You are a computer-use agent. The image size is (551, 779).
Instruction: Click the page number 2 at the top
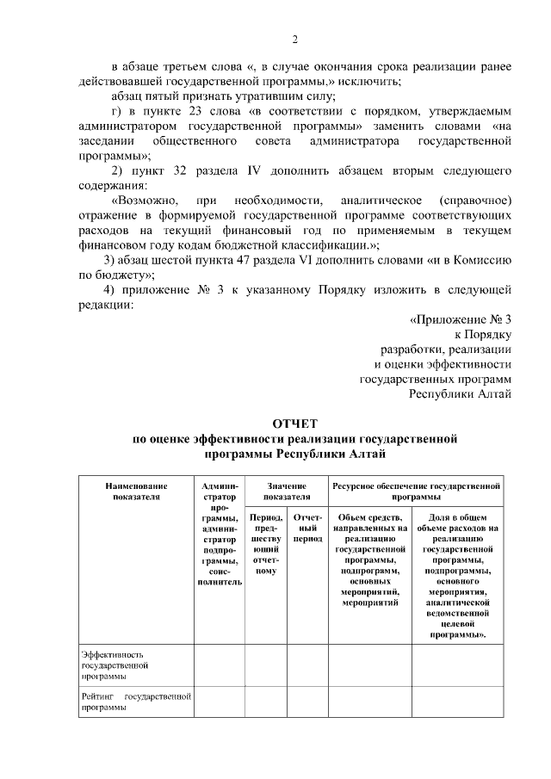click(x=294, y=40)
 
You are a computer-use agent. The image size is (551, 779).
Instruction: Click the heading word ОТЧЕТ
click(x=294, y=424)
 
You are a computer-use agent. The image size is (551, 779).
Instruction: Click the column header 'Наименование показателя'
click(x=131, y=492)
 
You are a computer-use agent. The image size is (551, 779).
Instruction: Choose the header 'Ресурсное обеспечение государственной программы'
click(x=415, y=492)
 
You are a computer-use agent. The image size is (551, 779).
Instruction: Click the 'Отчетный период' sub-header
click(x=306, y=528)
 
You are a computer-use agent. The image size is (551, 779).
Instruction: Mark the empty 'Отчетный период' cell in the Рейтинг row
click(x=306, y=701)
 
